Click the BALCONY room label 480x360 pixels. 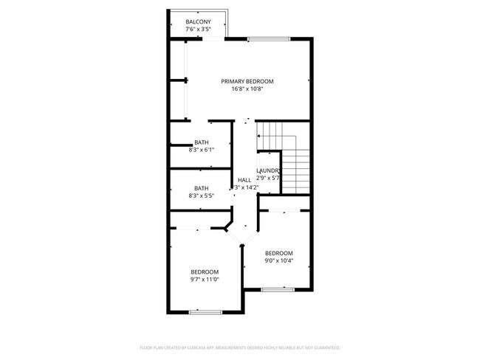point(198,22)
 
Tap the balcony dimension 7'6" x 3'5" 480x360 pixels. point(198,30)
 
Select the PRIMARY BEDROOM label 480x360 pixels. point(247,81)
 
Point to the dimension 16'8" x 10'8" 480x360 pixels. point(247,89)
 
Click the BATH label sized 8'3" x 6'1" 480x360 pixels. point(202,142)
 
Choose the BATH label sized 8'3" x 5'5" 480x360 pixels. point(202,188)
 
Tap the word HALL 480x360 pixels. point(244,180)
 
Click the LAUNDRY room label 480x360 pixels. point(268,171)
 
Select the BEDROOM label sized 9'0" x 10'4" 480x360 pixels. point(279,252)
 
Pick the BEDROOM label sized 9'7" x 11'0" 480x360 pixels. point(205,271)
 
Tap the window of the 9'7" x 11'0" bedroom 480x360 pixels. point(205,312)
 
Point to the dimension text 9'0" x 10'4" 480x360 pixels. point(279,260)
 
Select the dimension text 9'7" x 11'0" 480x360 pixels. point(205,280)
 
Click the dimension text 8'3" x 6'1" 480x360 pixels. point(202,150)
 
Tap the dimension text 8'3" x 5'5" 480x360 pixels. point(202,196)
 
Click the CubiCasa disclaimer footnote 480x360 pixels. point(239,347)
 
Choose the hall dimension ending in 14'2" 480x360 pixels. point(246,188)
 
